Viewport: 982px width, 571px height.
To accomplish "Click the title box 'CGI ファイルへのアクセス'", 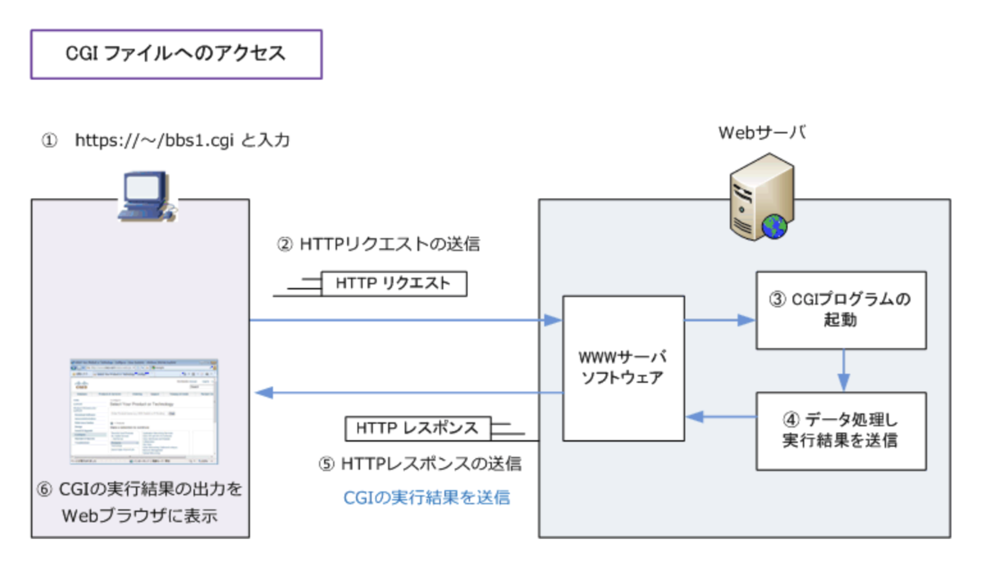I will click(x=176, y=54).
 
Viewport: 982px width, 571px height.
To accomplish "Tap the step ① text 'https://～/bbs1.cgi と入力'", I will click(x=182, y=141).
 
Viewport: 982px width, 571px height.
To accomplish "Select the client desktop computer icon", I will click(x=146, y=197).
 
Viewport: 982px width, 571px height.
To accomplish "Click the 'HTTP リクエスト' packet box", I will click(x=394, y=284).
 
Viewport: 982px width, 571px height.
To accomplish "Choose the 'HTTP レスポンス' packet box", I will click(x=418, y=428).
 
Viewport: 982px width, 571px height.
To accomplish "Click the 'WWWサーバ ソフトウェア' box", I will click(x=623, y=368).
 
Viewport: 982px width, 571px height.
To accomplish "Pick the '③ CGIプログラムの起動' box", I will click(x=840, y=310).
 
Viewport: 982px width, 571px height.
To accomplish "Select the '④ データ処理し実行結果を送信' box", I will click(x=840, y=430).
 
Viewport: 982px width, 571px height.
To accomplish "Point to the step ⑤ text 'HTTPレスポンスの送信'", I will click(x=420, y=464).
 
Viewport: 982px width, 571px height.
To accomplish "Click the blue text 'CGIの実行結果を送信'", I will click(x=426, y=497).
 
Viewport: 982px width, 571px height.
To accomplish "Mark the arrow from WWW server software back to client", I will click(x=409, y=393).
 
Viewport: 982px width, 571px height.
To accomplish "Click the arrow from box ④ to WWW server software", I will click(x=720, y=416).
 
